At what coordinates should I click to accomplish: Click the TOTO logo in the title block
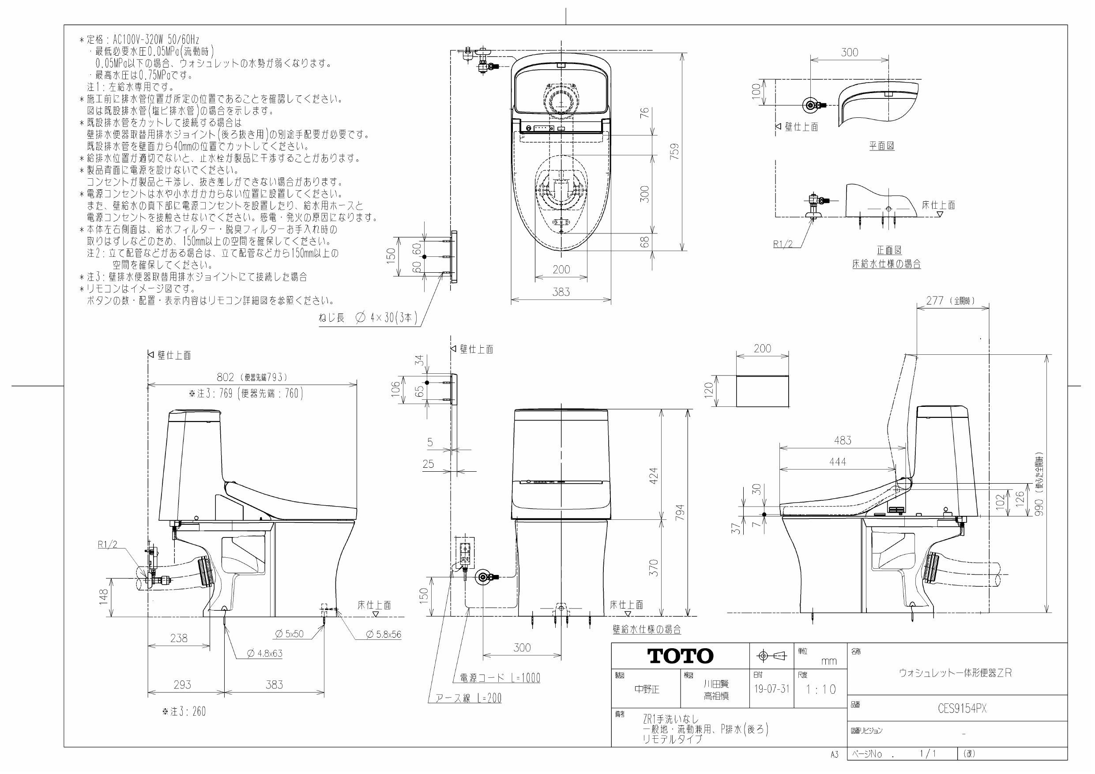(x=680, y=656)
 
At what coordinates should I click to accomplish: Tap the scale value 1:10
(x=821, y=690)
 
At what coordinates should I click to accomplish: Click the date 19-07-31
(x=771, y=690)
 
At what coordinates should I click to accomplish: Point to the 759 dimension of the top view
(x=674, y=152)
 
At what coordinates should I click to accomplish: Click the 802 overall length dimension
(x=225, y=377)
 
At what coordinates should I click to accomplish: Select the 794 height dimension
(x=680, y=513)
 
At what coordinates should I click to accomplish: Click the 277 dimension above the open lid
(x=935, y=301)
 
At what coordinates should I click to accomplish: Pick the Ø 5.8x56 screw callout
(x=384, y=634)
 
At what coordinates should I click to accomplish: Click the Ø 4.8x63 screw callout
(x=265, y=654)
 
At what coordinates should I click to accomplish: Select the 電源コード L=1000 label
(x=500, y=678)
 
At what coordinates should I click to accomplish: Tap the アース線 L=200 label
(x=468, y=698)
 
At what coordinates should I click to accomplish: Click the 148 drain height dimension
(x=103, y=595)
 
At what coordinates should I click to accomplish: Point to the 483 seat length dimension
(x=842, y=440)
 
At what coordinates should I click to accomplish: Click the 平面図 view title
(x=881, y=146)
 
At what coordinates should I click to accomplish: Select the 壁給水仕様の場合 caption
(x=647, y=630)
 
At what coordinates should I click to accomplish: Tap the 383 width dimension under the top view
(x=561, y=292)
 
